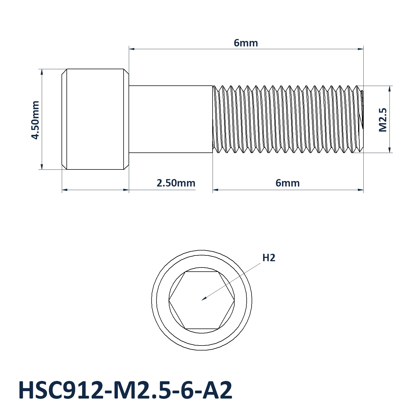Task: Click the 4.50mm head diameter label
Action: click(35, 120)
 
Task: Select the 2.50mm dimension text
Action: click(176, 183)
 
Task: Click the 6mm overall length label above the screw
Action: click(246, 43)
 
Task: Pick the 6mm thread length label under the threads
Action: click(288, 183)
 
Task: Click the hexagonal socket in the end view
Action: click(202, 300)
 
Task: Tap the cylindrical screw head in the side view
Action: click(95, 119)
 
